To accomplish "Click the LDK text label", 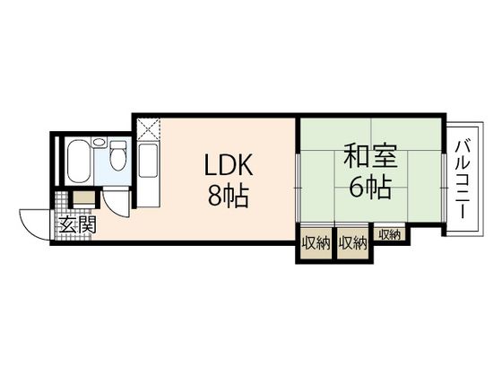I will click(x=230, y=166).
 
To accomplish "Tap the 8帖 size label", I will click(x=230, y=194).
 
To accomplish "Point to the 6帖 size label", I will click(x=368, y=189).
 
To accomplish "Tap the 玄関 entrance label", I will click(x=73, y=225).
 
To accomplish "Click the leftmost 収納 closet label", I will click(x=315, y=241).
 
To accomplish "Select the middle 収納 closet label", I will click(x=353, y=241).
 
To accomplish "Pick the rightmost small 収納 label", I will click(x=389, y=234).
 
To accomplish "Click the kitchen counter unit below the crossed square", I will click(x=149, y=171).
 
